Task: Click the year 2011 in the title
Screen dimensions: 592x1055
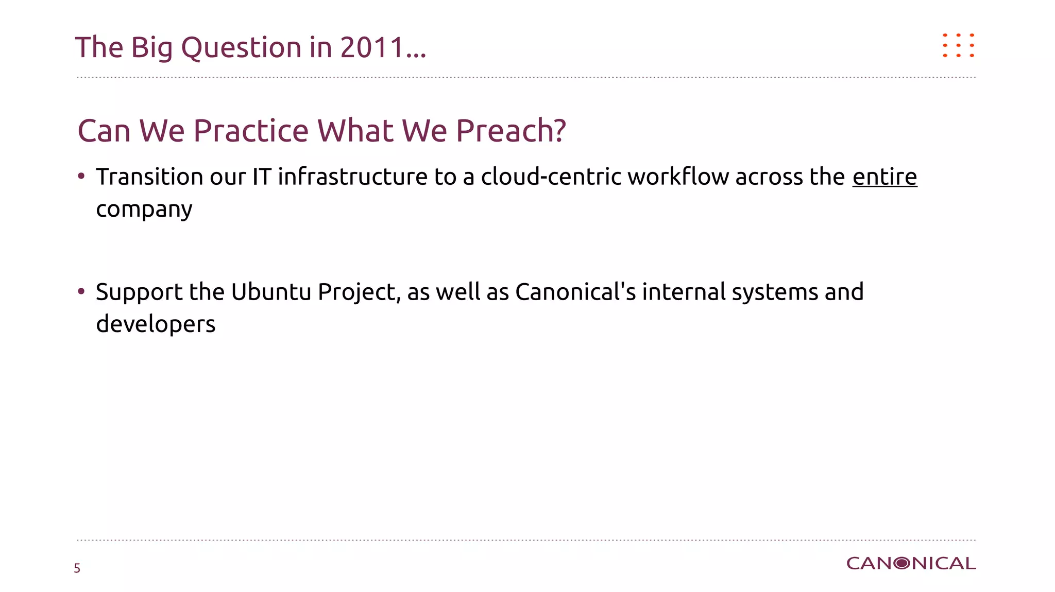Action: pyautogui.click(x=372, y=47)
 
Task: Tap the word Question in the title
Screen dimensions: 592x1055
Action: pyautogui.click(x=241, y=48)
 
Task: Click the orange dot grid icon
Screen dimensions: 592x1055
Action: pyautogui.click(x=958, y=45)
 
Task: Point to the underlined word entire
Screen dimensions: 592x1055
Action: pyautogui.click(x=884, y=177)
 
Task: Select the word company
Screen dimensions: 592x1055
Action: pyautogui.click(x=144, y=210)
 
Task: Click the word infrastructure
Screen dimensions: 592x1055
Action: pyautogui.click(x=352, y=177)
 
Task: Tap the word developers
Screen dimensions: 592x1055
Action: pyautogui.click(x=156, y=324)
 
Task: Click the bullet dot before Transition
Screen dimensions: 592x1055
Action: pyautogui.click(x=81, y=177)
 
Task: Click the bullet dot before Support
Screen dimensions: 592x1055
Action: pyautogui.click(x=81, y=291)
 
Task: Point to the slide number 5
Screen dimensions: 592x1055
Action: pyautogui.click(x=77, y=568)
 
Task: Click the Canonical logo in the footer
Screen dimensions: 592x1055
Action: pyautogui.click(x=911, y=564)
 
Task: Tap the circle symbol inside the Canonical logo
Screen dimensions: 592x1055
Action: pyautogui.click(x=902, y=564)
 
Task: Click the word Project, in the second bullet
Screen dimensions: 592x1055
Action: pyautogui.click(x=359, y=292)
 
